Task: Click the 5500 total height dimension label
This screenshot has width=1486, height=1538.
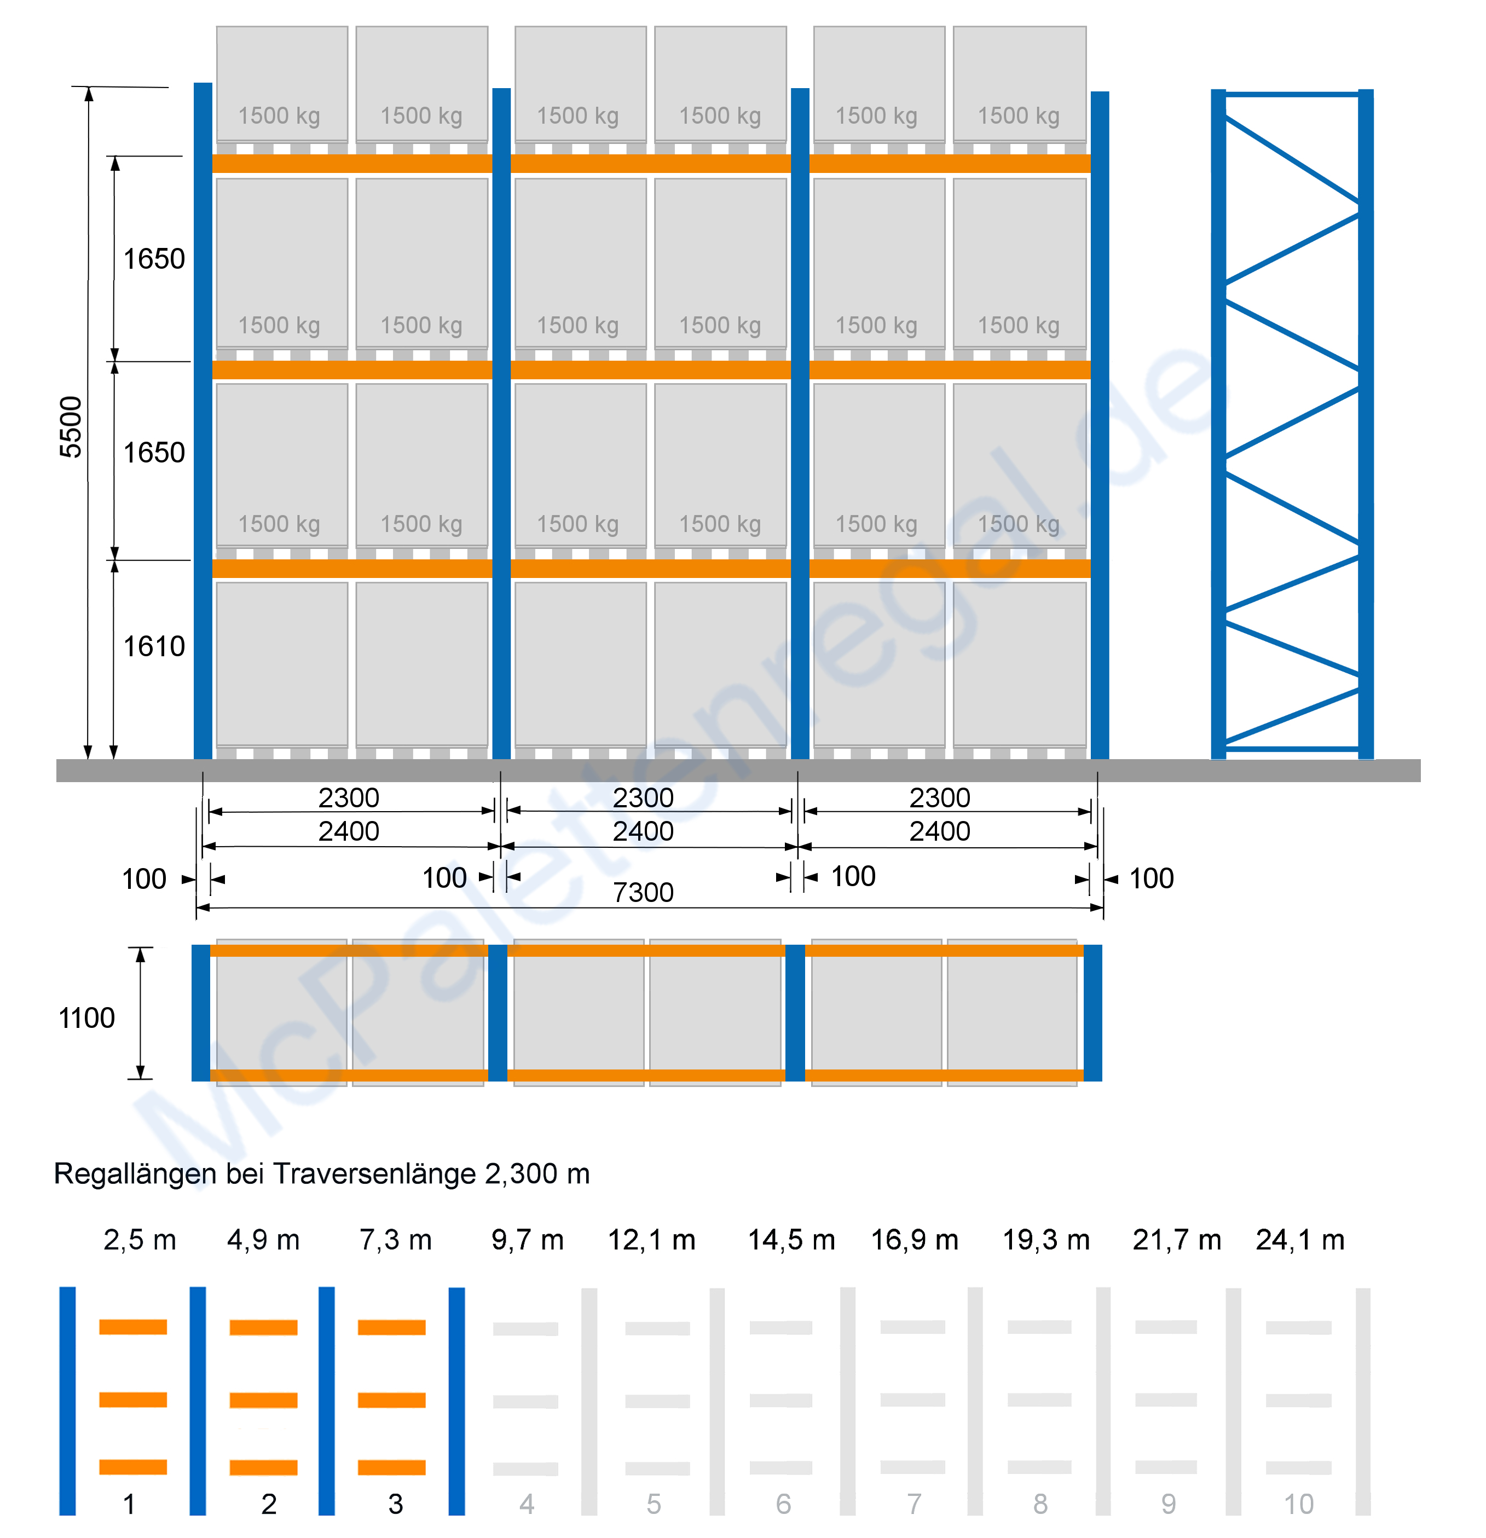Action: (71, 427)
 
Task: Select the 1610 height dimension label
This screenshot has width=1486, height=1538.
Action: (154, 646)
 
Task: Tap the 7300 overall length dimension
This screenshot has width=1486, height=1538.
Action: (643, 892)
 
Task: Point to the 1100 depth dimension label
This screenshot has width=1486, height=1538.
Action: (86, 1017)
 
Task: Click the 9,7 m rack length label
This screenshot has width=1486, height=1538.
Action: (527, 1240)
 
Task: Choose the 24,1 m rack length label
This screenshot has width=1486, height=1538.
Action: (1300, 1240)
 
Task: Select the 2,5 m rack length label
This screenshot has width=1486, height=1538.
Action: (140, 1240)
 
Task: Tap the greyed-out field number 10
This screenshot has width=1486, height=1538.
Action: (1298, 1504)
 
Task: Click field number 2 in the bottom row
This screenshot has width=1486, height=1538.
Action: (269, 1504)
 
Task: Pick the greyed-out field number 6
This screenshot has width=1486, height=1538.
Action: (783, 1504)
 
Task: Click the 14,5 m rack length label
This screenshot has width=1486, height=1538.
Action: (791, 1240)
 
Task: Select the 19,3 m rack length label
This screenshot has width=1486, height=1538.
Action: (1046, 1240)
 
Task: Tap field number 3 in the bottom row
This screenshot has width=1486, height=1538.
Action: (395, 1504)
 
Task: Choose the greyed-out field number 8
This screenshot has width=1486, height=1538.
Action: (1040, 1504)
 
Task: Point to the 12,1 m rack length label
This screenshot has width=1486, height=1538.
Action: (651, 1240)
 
